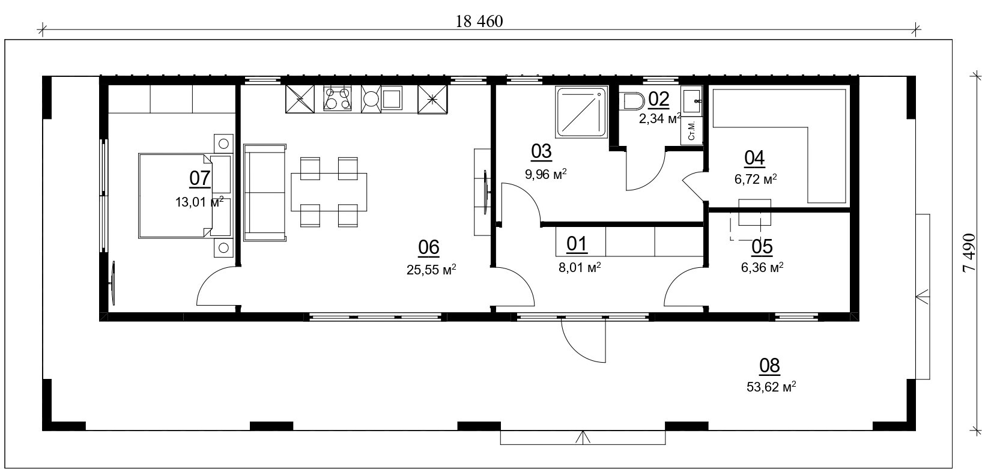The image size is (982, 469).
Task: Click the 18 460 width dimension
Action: [479, 21]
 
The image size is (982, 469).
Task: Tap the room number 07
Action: [200, 178]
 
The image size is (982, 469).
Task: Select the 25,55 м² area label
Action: [431, 269]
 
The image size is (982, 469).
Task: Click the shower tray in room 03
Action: [581, 111]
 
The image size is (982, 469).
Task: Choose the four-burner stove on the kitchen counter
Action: [337, 98]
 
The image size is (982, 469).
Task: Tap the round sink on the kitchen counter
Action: [371, 98]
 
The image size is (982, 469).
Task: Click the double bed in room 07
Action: [175, 196]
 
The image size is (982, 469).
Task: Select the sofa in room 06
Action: [265, 192]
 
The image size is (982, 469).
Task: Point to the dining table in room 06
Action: [329, 192]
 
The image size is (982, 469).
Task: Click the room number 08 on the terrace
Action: [769, 366]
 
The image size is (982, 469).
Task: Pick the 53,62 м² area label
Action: [771, 387]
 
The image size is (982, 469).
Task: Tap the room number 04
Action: [754, 158]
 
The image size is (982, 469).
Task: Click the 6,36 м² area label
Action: [762, 267]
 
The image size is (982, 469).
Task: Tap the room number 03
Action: [541, 151]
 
